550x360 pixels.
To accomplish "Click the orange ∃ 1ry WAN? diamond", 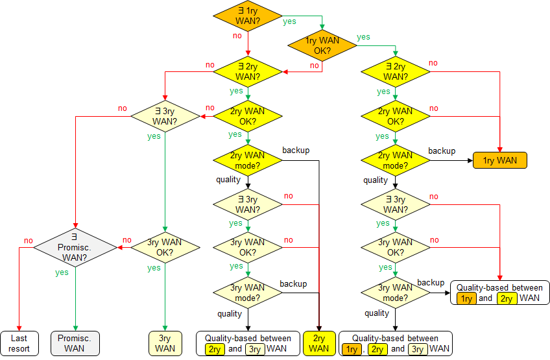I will click(248, 16).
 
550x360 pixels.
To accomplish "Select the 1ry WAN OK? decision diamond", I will click(322, 45).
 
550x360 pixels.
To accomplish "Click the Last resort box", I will click(19, 343).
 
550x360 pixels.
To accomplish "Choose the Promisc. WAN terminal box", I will click(75, 343).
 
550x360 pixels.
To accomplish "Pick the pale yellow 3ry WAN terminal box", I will click(165, 343).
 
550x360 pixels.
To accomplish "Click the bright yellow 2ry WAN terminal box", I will click(319, 343).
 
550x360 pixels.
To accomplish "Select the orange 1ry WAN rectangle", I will click(500, 160).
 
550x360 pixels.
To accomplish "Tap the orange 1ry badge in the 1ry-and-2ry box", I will click(466, 298).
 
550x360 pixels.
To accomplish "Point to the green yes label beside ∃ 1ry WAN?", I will click(289, 21).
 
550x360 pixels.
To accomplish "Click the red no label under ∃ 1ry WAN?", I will click(237, 36).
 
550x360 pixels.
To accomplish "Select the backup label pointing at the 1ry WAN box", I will click(442, 150).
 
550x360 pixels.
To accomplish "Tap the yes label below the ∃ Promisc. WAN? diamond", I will click(62, 272).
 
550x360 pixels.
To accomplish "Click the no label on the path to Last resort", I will click(28, 241).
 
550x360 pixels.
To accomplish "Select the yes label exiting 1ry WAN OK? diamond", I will click(364, 37).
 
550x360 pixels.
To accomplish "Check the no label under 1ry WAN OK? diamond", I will click(315, 66).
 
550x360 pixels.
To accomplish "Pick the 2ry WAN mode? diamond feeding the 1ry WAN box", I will click(396, 160).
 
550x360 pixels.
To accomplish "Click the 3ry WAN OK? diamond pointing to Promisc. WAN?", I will click(165, 246).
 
